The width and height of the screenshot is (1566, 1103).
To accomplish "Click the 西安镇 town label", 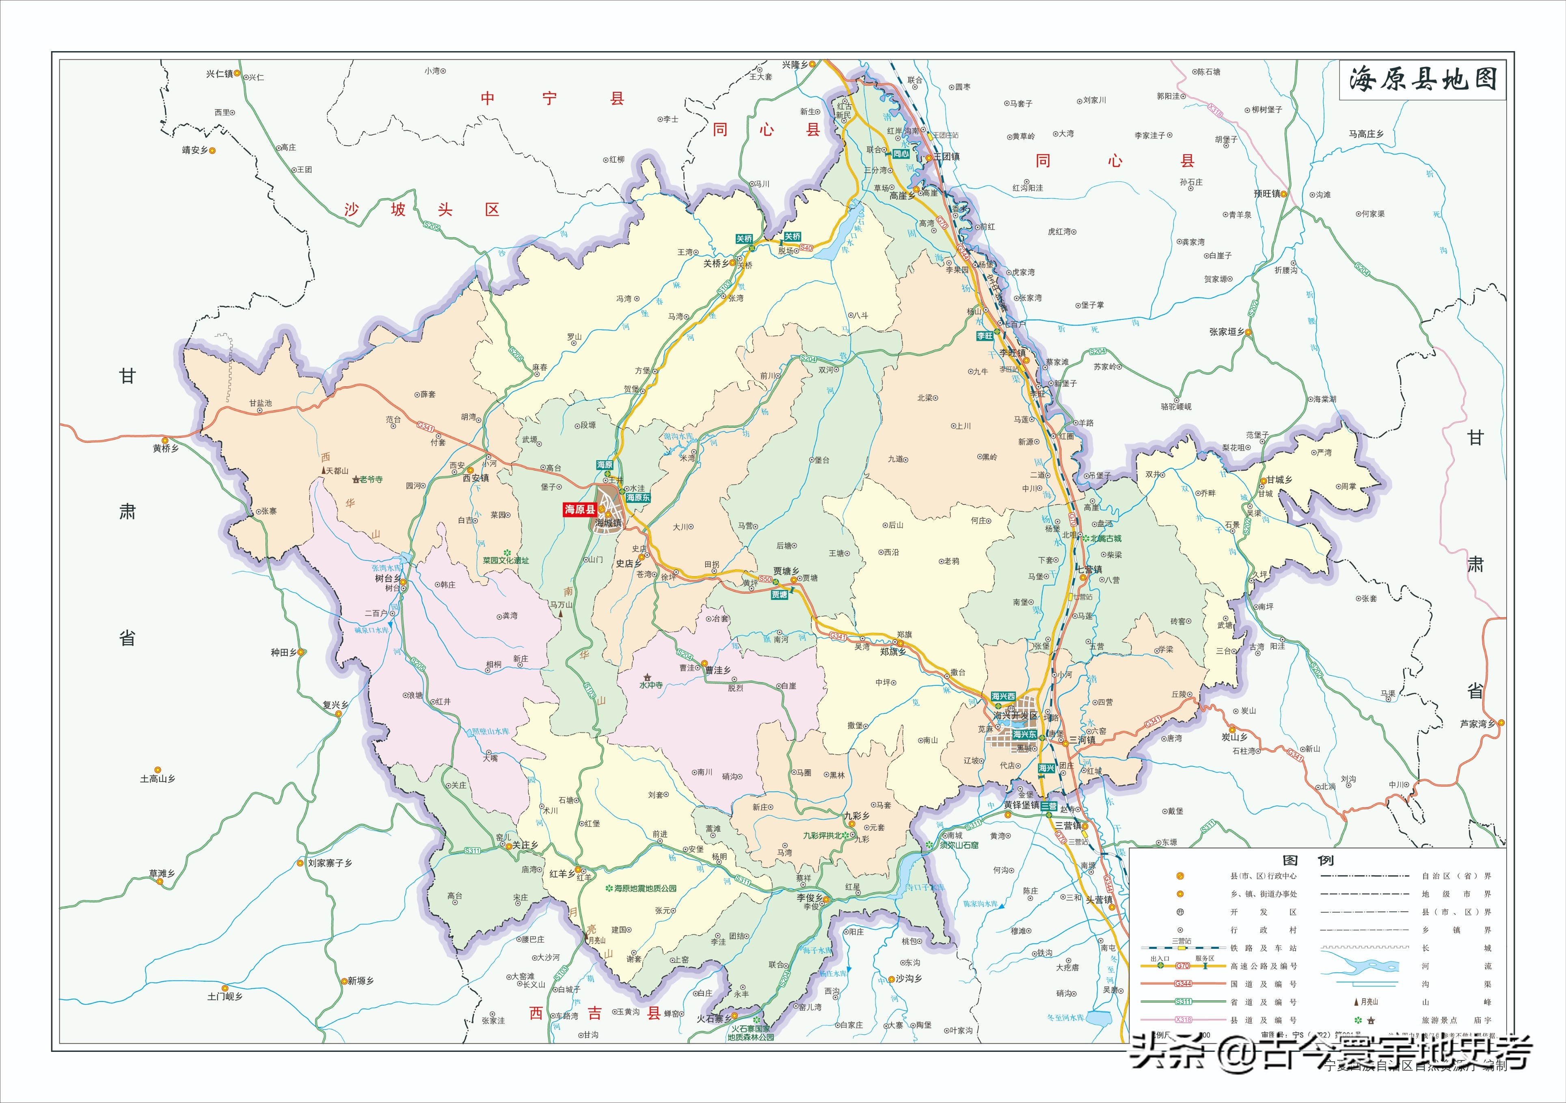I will (475, 478).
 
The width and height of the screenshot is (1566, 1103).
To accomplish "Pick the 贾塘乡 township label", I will (786, 571).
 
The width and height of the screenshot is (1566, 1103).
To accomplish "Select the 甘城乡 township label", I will (1279, 479).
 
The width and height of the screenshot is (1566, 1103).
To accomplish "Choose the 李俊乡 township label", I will (810, 898).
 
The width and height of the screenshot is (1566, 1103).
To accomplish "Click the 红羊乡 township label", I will (562, 873).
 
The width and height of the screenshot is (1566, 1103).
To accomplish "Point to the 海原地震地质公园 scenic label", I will (644, 888).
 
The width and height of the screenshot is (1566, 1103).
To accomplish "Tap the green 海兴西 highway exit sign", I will (1003, 696).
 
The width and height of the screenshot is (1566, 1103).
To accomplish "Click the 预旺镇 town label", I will (1267, 194).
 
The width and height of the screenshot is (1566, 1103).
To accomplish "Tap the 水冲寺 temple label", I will (651, 685).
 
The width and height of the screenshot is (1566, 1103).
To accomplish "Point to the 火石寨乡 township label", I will (713, 1019).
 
